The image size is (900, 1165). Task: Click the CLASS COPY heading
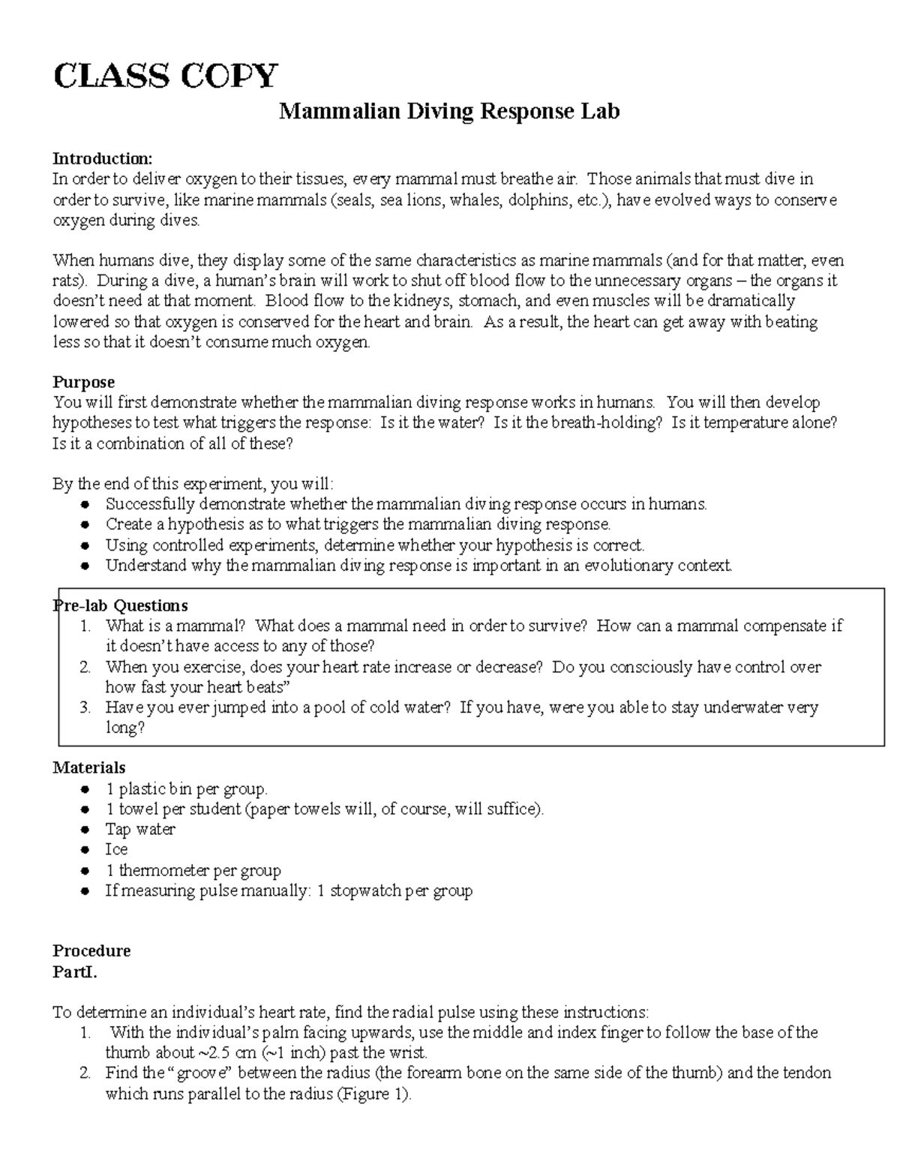click(x=165, y=77)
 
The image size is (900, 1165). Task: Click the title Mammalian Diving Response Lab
click(x=449, y=113)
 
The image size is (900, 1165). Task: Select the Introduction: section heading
click(x=102, y=159)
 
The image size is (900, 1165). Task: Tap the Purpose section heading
click(x=83, y=383)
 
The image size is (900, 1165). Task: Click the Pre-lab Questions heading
click(x=120, y=605)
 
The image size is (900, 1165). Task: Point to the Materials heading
click(x=88, y=767)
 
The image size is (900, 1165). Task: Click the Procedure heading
click(x=91, y=950)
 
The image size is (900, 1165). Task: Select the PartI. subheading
click(x=75, y=972)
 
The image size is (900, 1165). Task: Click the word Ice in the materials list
click(x=116, y=849)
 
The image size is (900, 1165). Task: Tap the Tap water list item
click(x=140, y=829)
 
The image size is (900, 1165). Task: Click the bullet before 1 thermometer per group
click(x=87, y=871)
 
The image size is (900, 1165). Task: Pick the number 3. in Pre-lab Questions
click(x=85, y=707)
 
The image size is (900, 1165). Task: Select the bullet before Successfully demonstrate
click(x=87, y=505)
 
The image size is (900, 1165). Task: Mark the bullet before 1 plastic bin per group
click(x=87, y=789)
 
